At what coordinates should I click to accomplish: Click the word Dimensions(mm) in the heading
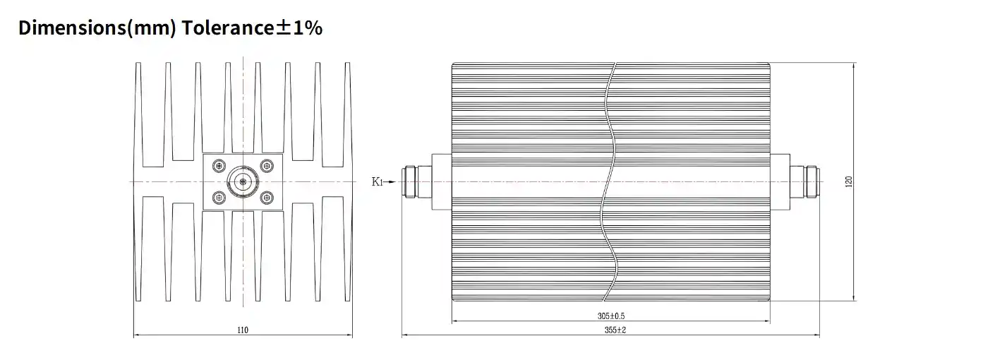click(97, 28)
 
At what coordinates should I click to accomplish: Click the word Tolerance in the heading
click(228, 28)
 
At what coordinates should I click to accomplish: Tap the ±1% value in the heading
click(299, 28)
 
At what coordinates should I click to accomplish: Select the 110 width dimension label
click(243, 330)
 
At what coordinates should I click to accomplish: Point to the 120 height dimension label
click(848, 181)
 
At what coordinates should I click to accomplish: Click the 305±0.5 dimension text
click(611, 316)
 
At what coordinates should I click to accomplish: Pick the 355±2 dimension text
click(615, 330)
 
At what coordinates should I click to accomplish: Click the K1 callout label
click(377, 181)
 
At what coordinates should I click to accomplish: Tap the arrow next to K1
click(390, 181)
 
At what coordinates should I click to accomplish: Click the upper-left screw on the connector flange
click(219, 166)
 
